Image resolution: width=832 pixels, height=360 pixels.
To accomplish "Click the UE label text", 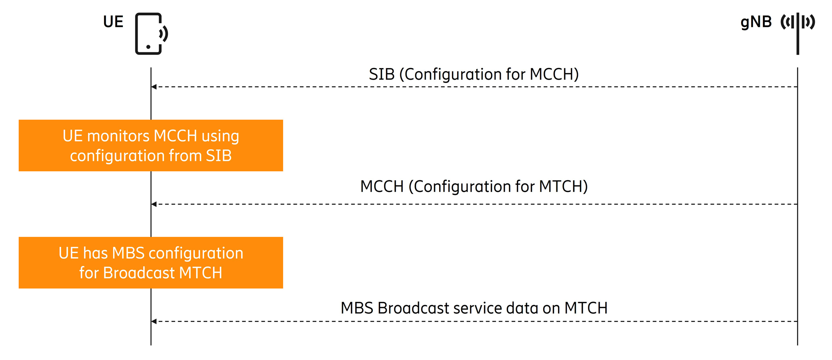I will [113, 22].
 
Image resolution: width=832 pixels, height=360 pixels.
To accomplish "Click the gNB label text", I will [756, 22].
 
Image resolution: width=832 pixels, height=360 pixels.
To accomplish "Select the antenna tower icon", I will [798, 32].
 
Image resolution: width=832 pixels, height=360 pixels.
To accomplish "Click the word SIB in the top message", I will [381, 74].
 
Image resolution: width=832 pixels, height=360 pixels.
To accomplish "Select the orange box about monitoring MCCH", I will [151, 146].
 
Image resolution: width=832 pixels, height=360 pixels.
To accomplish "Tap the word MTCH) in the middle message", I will [563, 186].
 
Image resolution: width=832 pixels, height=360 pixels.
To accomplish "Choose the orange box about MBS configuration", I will [151, 263].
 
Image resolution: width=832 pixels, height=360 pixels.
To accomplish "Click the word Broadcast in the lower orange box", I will [139, 273].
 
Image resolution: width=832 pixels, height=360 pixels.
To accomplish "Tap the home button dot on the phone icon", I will [148, 47].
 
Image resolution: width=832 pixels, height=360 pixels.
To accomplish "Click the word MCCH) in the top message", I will [554, 74].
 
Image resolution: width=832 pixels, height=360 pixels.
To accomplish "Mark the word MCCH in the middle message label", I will [382, 186].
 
